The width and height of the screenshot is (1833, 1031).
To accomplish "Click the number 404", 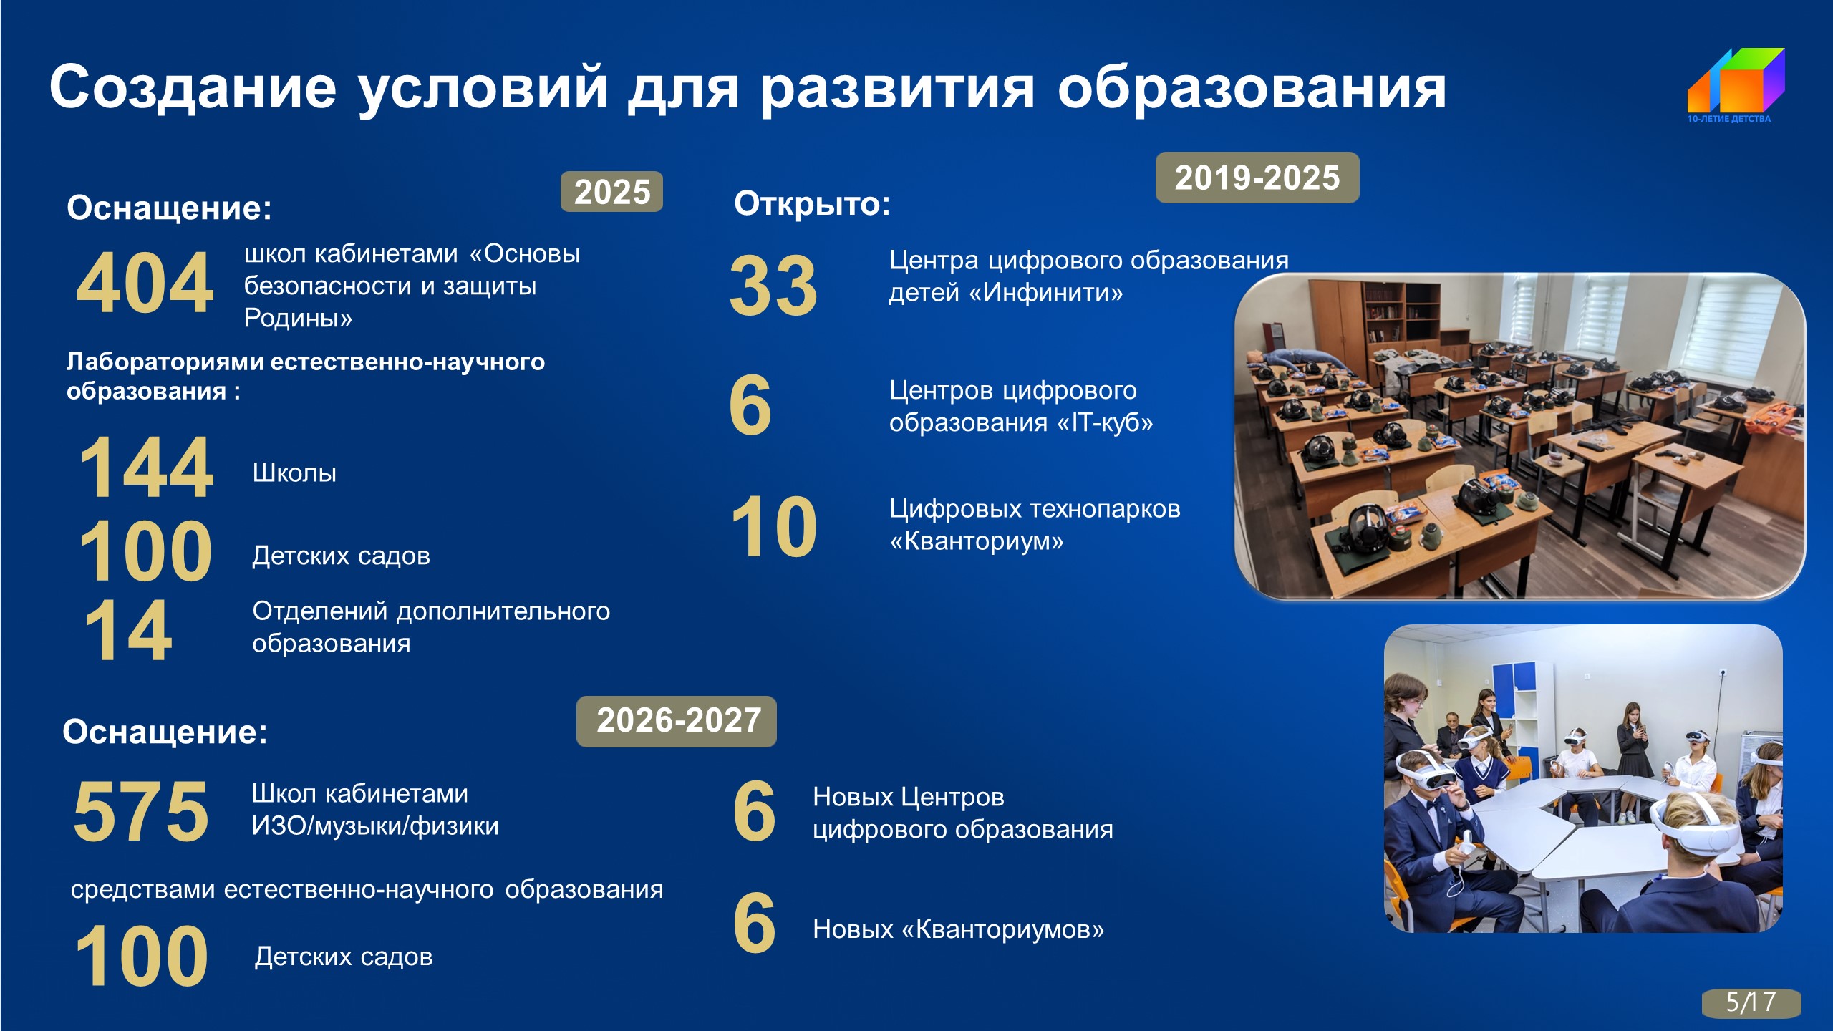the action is coord(145,284).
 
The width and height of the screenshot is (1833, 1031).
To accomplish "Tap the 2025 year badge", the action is coord(611,192).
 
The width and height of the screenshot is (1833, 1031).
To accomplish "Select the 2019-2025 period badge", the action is coord(1257,178).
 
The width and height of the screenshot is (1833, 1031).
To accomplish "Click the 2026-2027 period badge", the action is coord(677,721).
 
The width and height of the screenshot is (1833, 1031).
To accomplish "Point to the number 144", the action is coord(146,468).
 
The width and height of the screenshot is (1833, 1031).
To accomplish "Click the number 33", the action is coord(773,286).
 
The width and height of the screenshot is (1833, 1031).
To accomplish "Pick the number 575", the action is coord(141,810).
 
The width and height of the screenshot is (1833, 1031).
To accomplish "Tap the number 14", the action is coord(128,631).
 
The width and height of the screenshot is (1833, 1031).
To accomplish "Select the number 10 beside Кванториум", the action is coord(774,527).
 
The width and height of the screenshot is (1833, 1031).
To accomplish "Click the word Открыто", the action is coord(812,203).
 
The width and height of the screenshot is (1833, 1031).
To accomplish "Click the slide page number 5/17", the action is coord(1751,1002).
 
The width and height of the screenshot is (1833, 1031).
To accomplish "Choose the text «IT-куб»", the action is coord(1106,422).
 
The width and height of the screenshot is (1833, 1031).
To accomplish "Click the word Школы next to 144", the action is coord(294,473).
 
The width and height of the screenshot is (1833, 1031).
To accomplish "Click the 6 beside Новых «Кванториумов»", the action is coord(754,924).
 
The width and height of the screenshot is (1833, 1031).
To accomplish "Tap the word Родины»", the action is coord(298,317).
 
